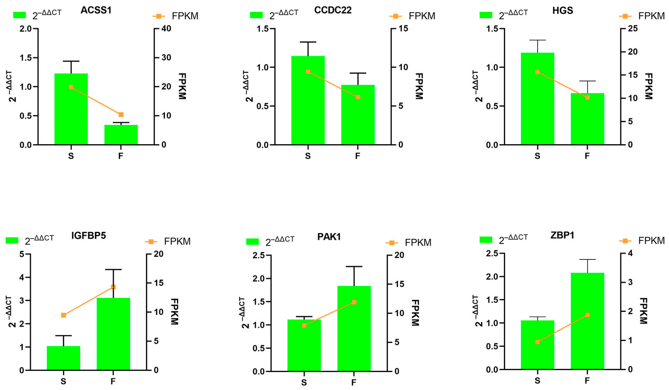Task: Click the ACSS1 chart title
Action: pos(96,10)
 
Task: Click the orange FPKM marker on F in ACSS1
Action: pos(121,115)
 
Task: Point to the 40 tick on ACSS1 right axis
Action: pos(166,28)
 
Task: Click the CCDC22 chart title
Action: pos(333,10)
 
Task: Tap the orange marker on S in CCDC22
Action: pos(308,72)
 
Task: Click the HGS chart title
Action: pos(563,10)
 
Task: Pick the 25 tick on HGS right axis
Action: pos(633,28)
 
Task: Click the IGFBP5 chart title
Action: pos(88,235)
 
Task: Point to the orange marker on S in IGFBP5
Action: pos(63,315)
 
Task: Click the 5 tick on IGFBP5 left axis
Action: pos(22,254)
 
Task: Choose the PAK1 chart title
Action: pos(329,236)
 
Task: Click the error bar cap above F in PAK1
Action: pos(354,267)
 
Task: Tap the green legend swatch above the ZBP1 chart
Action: pos(486,240)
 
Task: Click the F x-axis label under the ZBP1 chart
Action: pos(587,380)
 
